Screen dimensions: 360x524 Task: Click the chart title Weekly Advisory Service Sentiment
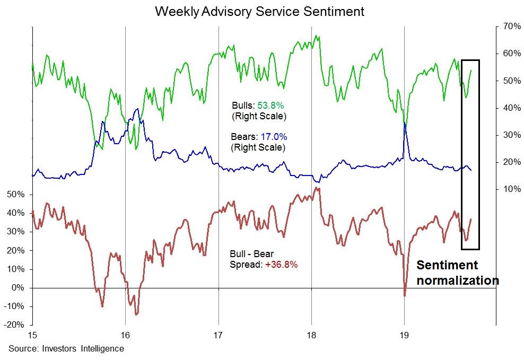tap(259, 11)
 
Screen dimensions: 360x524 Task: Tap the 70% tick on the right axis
tap(508, 27)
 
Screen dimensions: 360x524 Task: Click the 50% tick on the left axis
tap(16, 195)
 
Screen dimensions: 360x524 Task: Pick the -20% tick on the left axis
tap(15, 325)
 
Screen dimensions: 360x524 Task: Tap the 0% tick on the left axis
tap(19, 288)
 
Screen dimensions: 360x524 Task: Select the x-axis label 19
tap(405, 336)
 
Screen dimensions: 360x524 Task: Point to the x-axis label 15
tap(32, 336)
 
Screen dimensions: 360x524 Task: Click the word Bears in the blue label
tap(242, 136)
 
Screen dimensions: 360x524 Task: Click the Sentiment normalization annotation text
tap(457, 273)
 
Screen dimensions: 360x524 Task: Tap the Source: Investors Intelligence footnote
tap(66, 348)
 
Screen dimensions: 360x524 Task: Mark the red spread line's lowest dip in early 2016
tap(136, 314)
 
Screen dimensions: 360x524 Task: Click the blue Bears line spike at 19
tap(405, 123)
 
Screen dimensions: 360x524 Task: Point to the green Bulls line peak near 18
tap(317, 36)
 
